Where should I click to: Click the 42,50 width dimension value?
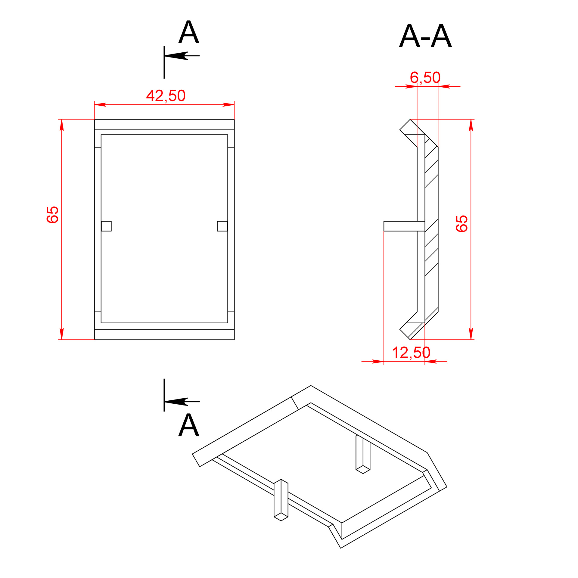[x=166, y=96]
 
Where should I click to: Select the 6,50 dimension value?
[x=425, y=78]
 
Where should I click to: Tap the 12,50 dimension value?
[x=411, y=353]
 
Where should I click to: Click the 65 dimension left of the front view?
[x=52, y=215]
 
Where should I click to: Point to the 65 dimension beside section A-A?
[x=461, y=223]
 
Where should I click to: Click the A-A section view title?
[x=425, y=36]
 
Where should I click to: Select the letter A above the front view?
[x=189, y=32]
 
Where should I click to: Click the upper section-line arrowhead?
[x=176, y=56]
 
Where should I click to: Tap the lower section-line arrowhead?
[x=176, y=402]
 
